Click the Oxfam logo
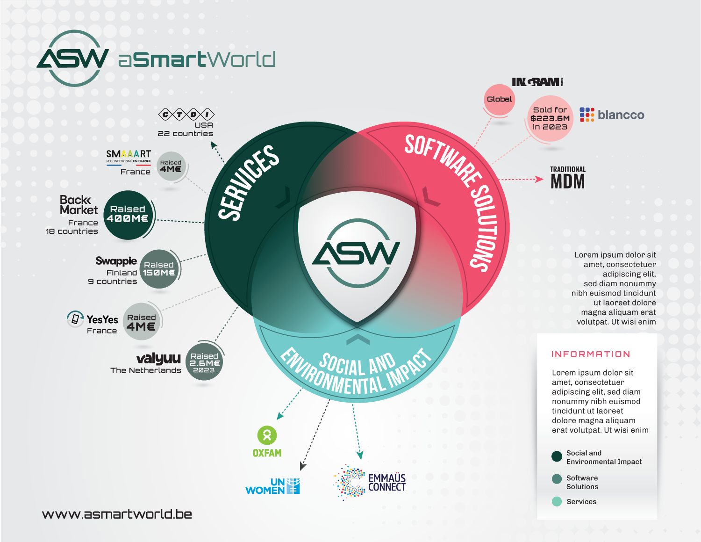pos(267,441)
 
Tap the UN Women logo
pos(272,486)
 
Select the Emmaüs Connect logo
pos(369,482)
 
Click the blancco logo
pos(612,115)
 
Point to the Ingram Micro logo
pos(537,82)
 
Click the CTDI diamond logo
pos(186,114)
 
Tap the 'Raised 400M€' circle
pos(128,215)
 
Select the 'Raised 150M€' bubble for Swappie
pos(159,268)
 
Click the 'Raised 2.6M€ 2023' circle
pos(204,361)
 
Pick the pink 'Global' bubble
pos(499,100)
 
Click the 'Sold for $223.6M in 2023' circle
pos(550,118)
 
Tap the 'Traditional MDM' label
pos(567,177)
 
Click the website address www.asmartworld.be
pos(117,514)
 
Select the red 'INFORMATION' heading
pos(590,354)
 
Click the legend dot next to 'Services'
pos(557,501)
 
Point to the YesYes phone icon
pos(75,319)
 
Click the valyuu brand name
pos(158,359)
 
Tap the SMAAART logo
pos(129,157)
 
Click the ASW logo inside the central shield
pos(356,253)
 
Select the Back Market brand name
pos(79,205)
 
